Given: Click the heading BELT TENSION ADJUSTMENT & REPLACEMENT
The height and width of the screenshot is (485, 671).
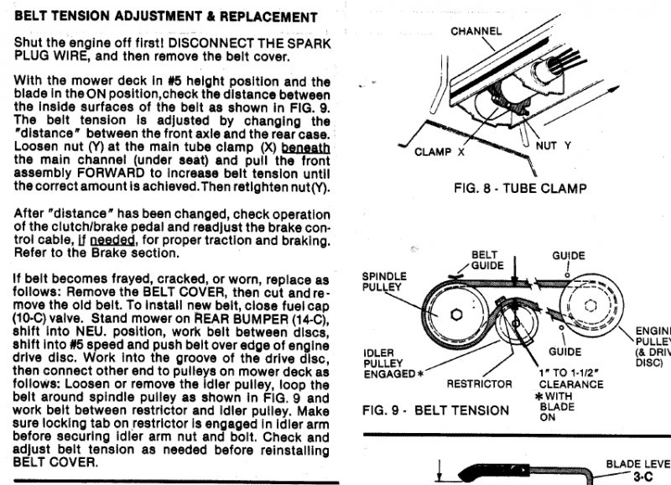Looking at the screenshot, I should tap(166, 17).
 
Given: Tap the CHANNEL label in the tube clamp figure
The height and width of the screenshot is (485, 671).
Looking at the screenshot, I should tap(476, 31).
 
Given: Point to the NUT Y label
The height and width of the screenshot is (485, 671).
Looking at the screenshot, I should tap(553, 145).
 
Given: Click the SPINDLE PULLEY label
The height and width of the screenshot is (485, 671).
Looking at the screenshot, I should tap(383, 281).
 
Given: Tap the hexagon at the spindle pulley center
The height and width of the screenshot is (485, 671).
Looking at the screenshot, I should tap(455, 313).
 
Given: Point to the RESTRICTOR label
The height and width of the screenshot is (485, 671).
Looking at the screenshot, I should tap(479, 383).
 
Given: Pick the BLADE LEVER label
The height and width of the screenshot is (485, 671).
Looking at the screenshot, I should tap(637, 462).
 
